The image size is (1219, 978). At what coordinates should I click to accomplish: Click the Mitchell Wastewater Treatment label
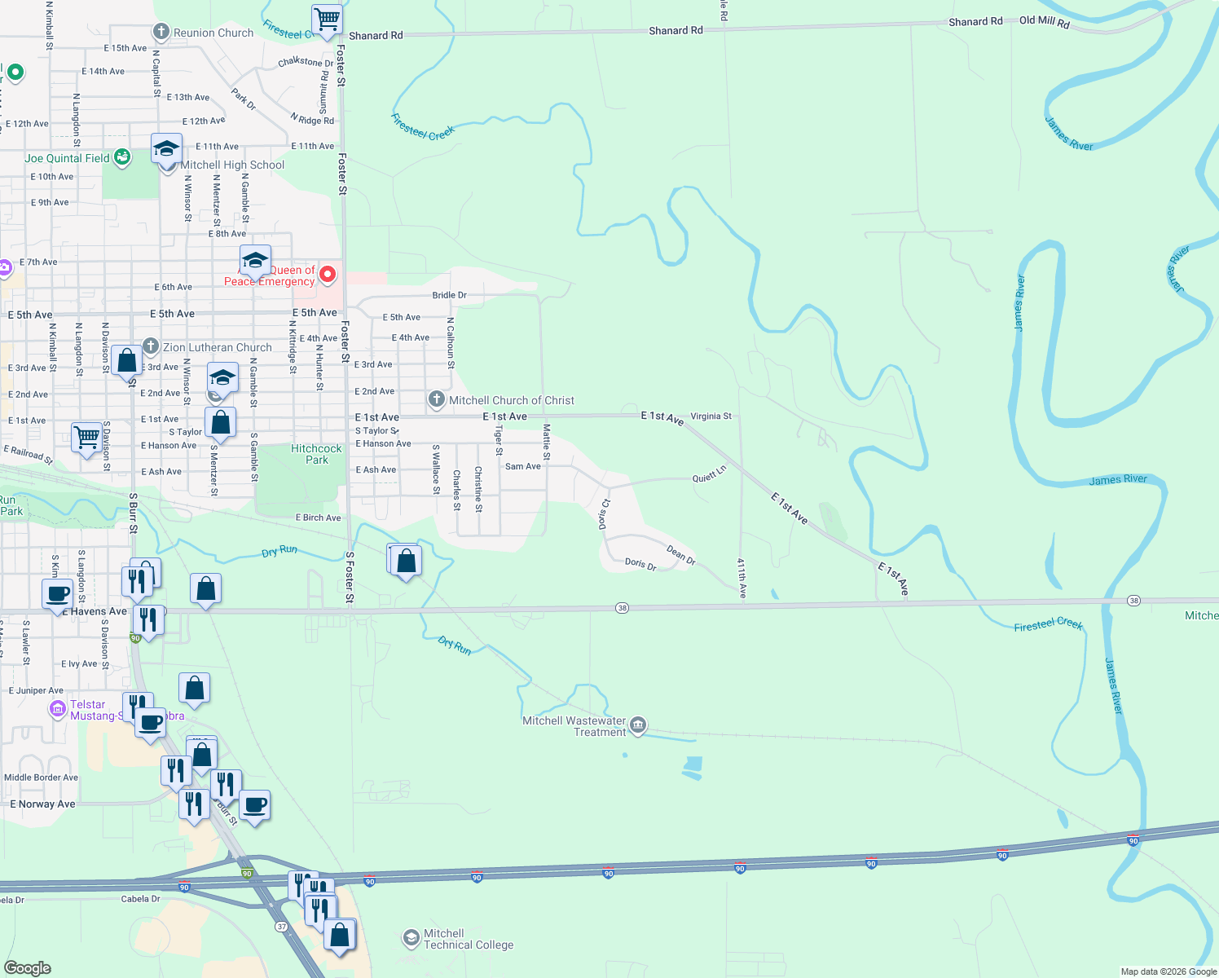click(x=574, y=726)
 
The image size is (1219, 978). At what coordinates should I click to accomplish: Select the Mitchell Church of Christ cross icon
click(x=437, y=399)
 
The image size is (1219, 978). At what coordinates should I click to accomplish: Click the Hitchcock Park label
click(x=316, y=454)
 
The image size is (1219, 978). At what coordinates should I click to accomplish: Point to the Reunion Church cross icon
click(x=161, y=33)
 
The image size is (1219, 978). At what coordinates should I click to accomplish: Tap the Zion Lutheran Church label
click(x=217, y=347)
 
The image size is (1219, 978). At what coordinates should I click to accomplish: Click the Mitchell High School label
click(x=232, y=165)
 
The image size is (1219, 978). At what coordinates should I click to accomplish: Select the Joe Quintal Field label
click(x=67, y=158)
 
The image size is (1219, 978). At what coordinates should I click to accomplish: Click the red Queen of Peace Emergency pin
click(x=328, y=274)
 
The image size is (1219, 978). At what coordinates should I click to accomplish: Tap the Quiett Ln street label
click(x=709, y=475)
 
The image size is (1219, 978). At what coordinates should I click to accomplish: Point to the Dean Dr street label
click(x=680, y=555)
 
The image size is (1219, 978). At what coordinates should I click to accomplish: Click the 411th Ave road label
click(x=742, y=579)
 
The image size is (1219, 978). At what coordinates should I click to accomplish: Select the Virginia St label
click(x=711, y=416)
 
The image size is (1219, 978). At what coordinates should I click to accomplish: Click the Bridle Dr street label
click(x=449, y=295)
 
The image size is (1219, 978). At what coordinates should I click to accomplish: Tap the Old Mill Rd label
click(x=1044, y=21)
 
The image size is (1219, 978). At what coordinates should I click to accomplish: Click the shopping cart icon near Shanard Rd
click(x=327, y=18)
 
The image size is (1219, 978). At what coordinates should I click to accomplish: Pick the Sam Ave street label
click(x=522, y=466)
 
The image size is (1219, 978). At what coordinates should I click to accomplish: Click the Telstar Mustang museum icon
click(x=58, y=709)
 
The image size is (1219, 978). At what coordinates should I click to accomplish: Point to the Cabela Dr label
click(x=140, y=899)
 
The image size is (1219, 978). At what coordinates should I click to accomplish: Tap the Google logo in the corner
click(x=28, y=968)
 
